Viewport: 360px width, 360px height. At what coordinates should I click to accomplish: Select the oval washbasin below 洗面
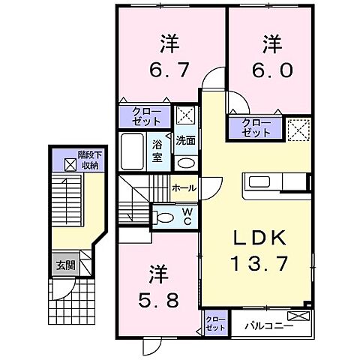point(185,162)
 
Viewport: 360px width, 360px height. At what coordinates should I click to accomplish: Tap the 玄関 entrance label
point(64,265)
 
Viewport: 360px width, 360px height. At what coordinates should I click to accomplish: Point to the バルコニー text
point(263,326)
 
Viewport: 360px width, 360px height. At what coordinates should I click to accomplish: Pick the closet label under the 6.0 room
point(256,128)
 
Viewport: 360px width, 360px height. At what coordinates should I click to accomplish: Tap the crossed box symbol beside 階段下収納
point(69,161)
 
